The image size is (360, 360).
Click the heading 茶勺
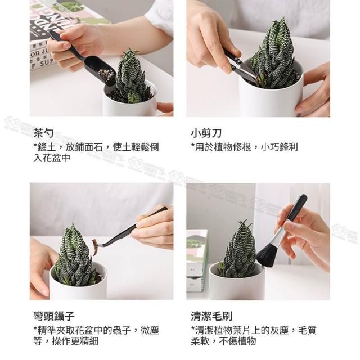(x=44, y=133)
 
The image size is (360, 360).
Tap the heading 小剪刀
(x=206, y=133)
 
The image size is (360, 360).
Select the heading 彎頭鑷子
(x=54, y=316)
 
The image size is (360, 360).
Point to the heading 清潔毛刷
(x=211, y=316)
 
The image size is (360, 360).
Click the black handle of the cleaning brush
(x=298, y=208)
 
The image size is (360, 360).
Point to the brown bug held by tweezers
(x=95, y=246)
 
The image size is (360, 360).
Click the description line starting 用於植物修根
(x=245, y=147)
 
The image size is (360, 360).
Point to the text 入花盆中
(x=52, y=158)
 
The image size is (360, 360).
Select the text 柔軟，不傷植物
(x=223, y=341)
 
